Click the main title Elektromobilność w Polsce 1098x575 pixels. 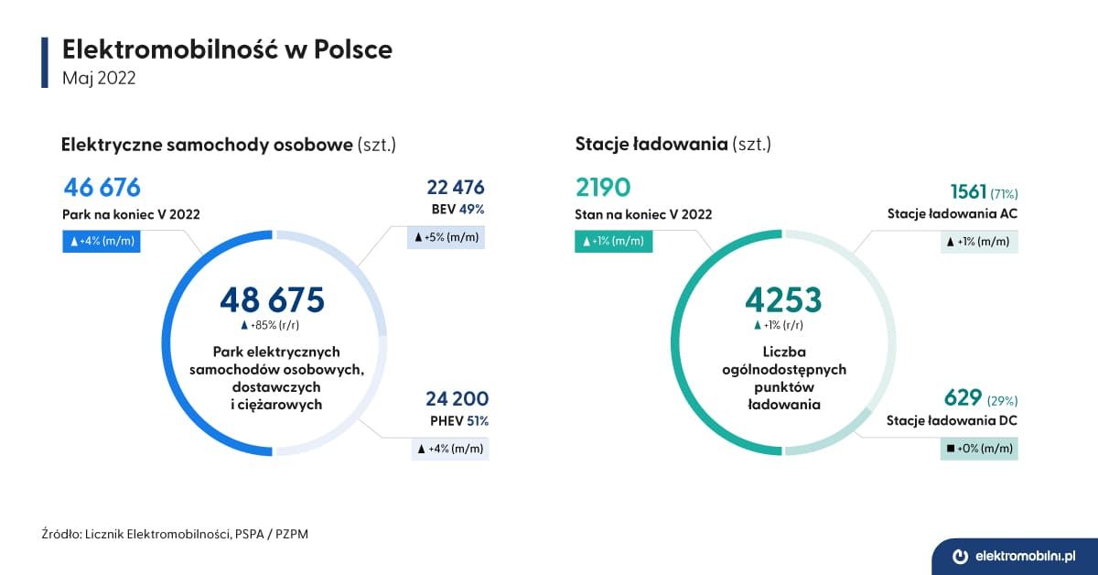tap(227, 49)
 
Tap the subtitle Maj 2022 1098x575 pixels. tap(99, 78)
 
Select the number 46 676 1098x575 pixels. tap(102, 188)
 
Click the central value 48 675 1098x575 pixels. tap(272, 300)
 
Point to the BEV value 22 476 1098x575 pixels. tap(455, 188)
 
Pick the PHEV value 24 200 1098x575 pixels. tap(457, 399)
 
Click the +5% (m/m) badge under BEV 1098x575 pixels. tap(447, 237)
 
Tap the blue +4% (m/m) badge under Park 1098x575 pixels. tap(102, 242)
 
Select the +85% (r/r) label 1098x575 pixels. tap(272, 325)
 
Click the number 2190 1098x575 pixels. tap(603, 188)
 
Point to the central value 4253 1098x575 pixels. tap(782, 300)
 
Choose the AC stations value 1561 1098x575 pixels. tap(968, 192)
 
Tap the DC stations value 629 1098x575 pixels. tap(963, 398)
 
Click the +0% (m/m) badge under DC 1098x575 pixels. tap(979, 449)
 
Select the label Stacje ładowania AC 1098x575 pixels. tap(952, 214)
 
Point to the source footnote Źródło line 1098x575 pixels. tap(175, 534)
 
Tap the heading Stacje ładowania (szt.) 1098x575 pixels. tap(673, 144)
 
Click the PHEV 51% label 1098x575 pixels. tap(458, 421)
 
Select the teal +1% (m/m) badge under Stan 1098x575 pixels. tap(614, 242)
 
